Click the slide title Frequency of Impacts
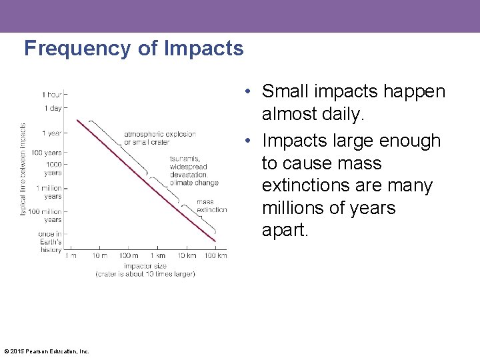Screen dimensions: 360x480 (133, 49)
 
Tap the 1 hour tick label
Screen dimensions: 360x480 (53, 94)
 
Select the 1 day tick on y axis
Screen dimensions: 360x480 (53, 108)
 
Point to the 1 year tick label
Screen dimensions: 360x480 (52, 133)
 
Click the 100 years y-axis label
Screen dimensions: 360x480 (49, 153)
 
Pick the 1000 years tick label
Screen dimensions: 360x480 (53, 168)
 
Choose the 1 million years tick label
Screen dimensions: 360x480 (49, 193)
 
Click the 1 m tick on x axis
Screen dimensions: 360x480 (71, 256)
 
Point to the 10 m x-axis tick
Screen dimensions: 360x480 (100, 256)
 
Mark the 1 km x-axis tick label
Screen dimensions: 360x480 (157, 256)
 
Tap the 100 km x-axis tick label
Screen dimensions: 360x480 (215, 256)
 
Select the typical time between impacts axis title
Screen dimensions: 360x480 (23, 169)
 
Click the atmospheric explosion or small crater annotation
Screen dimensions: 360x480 (159, 138)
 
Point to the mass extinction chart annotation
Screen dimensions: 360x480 (211, 206)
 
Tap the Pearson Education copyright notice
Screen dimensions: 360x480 (47, 351)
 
